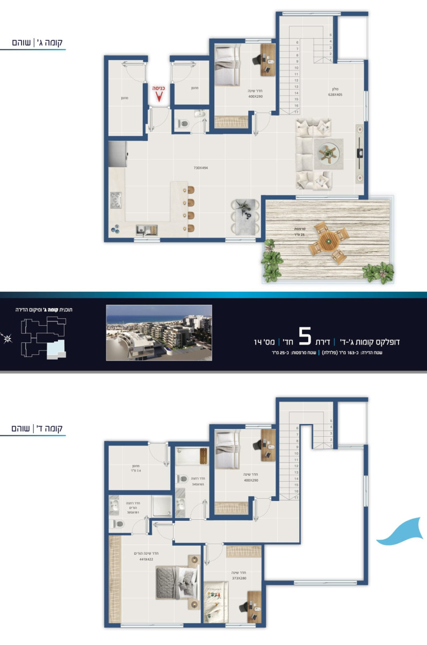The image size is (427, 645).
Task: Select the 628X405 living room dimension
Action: [x=335, y=95]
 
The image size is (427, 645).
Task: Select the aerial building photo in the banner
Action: [x=159, y=333]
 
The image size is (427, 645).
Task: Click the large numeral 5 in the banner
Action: [x=305, y=337]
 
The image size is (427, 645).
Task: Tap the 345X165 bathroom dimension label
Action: [x=199, y=484]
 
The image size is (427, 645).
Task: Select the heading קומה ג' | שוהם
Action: [x=38, y=42]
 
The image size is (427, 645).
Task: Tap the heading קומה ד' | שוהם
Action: [x=38, y=428]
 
